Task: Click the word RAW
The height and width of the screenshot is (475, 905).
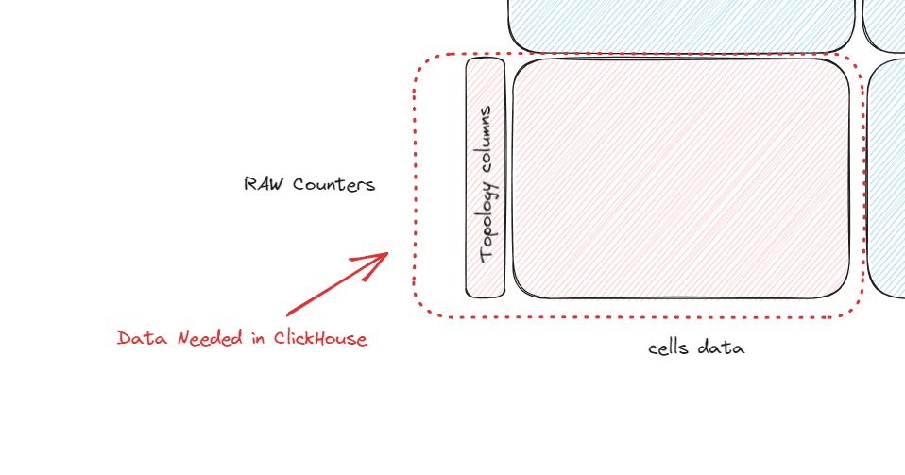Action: tap(264, 184)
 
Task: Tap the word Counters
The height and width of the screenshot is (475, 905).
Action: tap(333, 185)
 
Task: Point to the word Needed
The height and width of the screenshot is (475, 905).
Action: tap(210, 338)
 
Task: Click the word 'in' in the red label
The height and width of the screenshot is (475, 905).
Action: tap(258, 338)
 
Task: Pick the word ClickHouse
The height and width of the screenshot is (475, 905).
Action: tap(320, 338)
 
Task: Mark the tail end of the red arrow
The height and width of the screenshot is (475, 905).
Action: tap(287, 315)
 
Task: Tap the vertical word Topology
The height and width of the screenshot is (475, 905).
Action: tap(487, 222)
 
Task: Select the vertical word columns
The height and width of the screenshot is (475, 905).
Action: tap(486, 140)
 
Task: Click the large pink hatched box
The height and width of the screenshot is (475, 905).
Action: tap(681, 178)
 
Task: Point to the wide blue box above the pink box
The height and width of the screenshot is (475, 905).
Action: tap(681, 26)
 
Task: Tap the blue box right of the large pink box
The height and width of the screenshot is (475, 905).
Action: tap(886, 178)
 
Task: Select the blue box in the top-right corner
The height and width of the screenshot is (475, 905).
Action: tap(883, 26)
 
